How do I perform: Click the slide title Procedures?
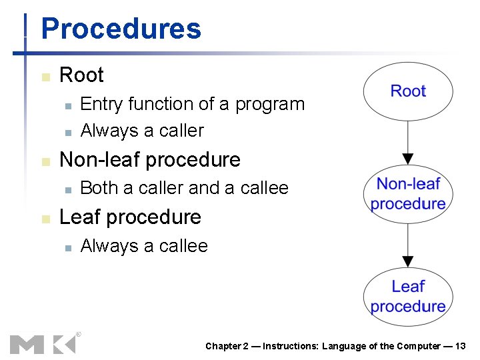pyautogui.click(x=121, y=29)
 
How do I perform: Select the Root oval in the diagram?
pyautogui.click(x=408, y=91)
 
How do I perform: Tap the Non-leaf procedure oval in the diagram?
pyautogui.click(x=408, y=194)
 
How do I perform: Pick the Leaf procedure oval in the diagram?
pyautogui.click(x=408, y=296)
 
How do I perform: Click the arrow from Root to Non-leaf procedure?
pyautogui.click(x=408, y=143)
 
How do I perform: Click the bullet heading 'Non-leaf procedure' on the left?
pyautogui.click(x=150, y=160)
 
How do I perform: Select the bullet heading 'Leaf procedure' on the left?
pyautogui.click(x=130, y=217)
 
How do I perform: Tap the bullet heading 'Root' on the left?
pyautogui.click(x=81, y=75)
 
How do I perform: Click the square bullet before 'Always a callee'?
pyautogui.click(x=67, y=247)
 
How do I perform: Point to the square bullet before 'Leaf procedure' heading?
pyautogui.click(x=45, y=219)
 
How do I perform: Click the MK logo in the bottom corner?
pyautogui.click(x=43, y=343)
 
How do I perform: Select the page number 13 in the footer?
pyautogui.click(x=460, y=346)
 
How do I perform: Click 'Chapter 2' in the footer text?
pyautogui.click(x=227, y=346)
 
